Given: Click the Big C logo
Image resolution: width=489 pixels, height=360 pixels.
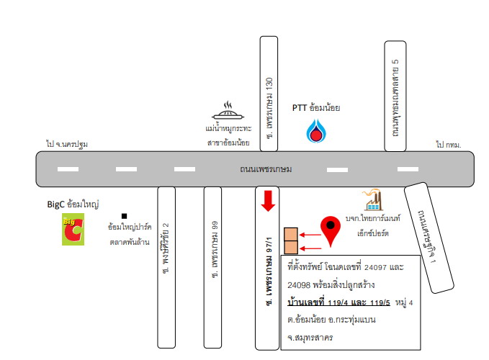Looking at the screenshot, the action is [x=73, y=229].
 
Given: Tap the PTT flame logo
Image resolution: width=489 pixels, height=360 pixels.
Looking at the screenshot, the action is [x=316, y=131].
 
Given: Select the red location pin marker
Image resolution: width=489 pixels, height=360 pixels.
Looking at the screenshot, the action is [x=331, y=231].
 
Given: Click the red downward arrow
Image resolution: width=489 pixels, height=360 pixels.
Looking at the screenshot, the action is [x=268, y=201].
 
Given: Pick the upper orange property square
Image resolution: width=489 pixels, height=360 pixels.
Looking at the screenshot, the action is [x=291, y=235].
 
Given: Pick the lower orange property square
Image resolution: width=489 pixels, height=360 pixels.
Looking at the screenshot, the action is [x=291, y=248].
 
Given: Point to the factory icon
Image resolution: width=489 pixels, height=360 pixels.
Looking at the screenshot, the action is [x=372, y=199].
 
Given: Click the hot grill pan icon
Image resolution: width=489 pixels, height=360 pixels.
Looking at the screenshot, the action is [x=228, y=111].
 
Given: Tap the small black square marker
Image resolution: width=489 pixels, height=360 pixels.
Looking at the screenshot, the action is [x=124, y=216].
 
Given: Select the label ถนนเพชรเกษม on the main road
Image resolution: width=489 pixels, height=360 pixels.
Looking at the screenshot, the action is [x=266, y=169].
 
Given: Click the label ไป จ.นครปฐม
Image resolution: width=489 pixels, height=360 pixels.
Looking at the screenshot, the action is [x=67, y=144].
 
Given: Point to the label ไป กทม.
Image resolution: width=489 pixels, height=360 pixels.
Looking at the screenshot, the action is [x=449, y=145].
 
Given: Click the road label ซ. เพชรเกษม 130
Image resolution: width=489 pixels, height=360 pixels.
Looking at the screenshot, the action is [x=269, y=108].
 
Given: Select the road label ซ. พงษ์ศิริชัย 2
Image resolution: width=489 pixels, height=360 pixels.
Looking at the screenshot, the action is [x=166, y=248].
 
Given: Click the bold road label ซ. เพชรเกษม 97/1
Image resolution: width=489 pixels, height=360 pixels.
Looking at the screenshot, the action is [x=268, y=271].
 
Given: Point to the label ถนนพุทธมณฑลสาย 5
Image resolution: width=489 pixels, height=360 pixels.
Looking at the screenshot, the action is [x=395, y=97].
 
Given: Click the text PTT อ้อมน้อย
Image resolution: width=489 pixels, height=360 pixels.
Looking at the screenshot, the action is [x=316, y=108].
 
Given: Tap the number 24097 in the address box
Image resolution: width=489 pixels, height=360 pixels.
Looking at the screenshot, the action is [x=375, y=267].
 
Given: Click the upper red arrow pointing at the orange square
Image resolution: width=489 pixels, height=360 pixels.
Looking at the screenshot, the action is [x=310, y=235].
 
